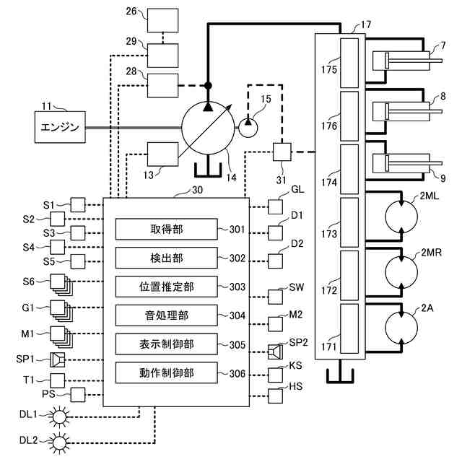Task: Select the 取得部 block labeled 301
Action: (167, 229)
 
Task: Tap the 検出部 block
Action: (167, 258)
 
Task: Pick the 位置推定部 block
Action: (167, 287)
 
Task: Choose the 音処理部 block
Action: (167, 315)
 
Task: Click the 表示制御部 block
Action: (167, 344)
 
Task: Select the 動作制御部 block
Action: (167, 373)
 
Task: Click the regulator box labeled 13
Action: (162, 154)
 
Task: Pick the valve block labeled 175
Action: (349, 62)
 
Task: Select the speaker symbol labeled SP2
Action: (275, 352)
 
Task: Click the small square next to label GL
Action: (276, 206)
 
